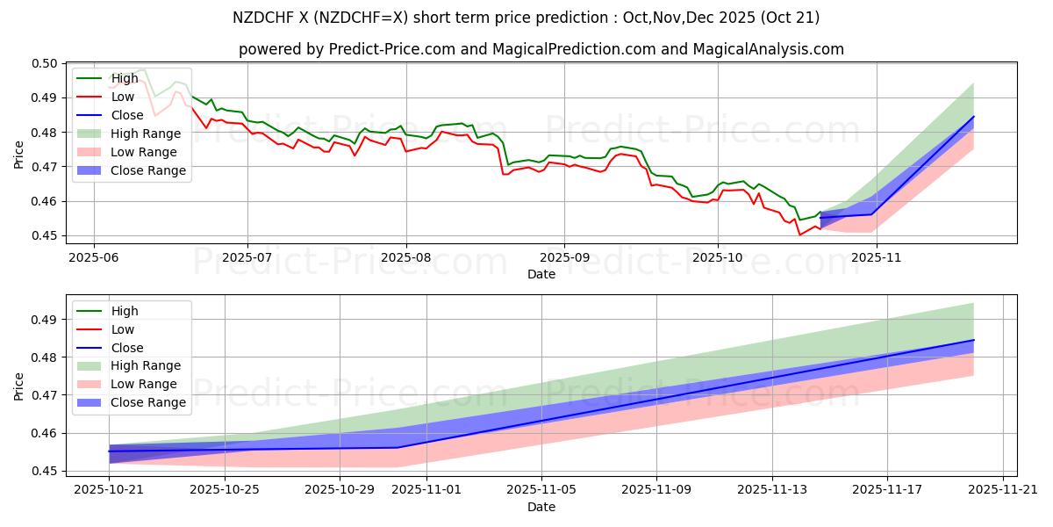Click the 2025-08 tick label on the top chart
point(405,256)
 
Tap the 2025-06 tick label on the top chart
point(93,256)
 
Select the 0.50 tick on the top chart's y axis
point(44,63)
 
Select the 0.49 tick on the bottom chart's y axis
point(44,320)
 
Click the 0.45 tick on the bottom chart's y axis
point(44,472)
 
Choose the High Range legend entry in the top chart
point(145,134)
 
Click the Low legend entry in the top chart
point(122,97)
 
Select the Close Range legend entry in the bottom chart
point(148,402)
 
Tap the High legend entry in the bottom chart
point(124,311)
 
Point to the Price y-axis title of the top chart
point(19,153)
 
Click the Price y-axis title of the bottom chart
point(19,386)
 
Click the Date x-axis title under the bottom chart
point(541,508)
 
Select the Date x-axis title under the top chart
point(541,273)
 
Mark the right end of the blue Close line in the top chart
point(973,117)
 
